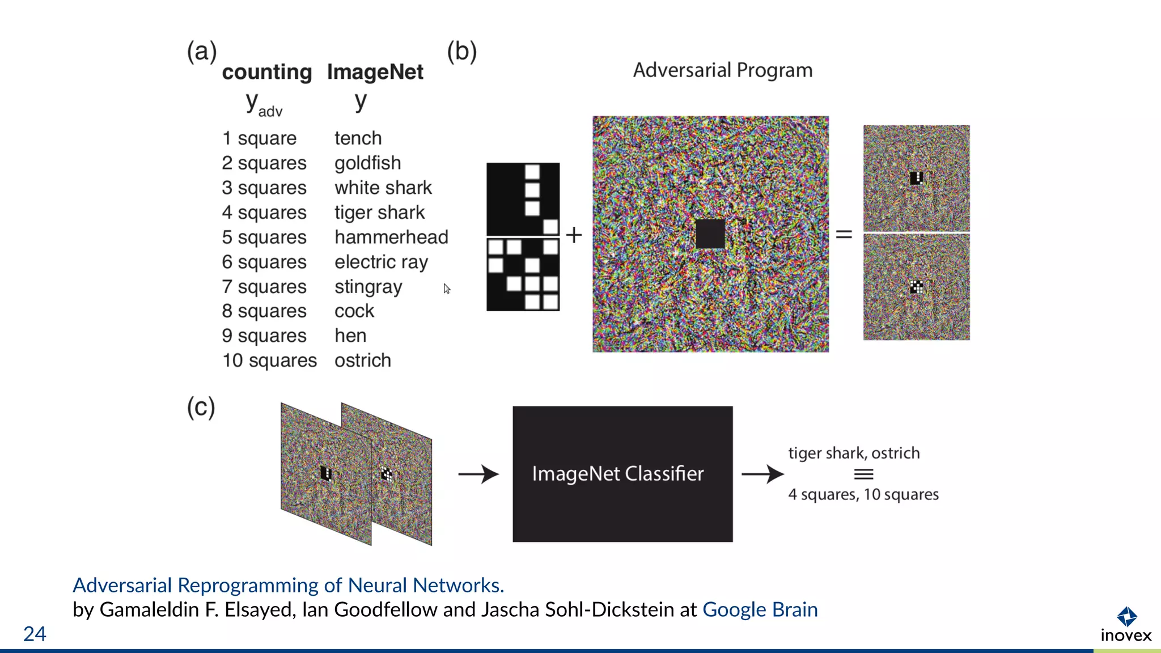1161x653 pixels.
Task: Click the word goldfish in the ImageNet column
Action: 367,163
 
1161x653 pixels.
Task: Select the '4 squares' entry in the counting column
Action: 264,213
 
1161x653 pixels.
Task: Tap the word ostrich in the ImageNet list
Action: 362,361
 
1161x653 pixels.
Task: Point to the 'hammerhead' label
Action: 391,237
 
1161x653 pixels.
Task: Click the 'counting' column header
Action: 266,72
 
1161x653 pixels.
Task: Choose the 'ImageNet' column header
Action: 375,72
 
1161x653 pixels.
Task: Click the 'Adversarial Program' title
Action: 722,70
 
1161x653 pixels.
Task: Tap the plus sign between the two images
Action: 574,235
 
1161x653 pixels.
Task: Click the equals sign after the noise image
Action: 844,234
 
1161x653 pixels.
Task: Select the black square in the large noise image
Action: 710,234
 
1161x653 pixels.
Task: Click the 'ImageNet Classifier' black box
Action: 622,474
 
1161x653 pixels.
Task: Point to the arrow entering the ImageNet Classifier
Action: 478,474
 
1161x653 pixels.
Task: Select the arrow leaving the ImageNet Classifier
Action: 762,474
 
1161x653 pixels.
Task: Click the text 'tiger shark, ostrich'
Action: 854,453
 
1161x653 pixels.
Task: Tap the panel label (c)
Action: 201,407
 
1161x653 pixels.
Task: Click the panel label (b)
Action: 461,52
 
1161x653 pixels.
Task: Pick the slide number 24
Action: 35,634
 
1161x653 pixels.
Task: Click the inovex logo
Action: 1126,625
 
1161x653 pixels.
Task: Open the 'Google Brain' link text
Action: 760,610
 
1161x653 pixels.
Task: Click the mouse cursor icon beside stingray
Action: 447,289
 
